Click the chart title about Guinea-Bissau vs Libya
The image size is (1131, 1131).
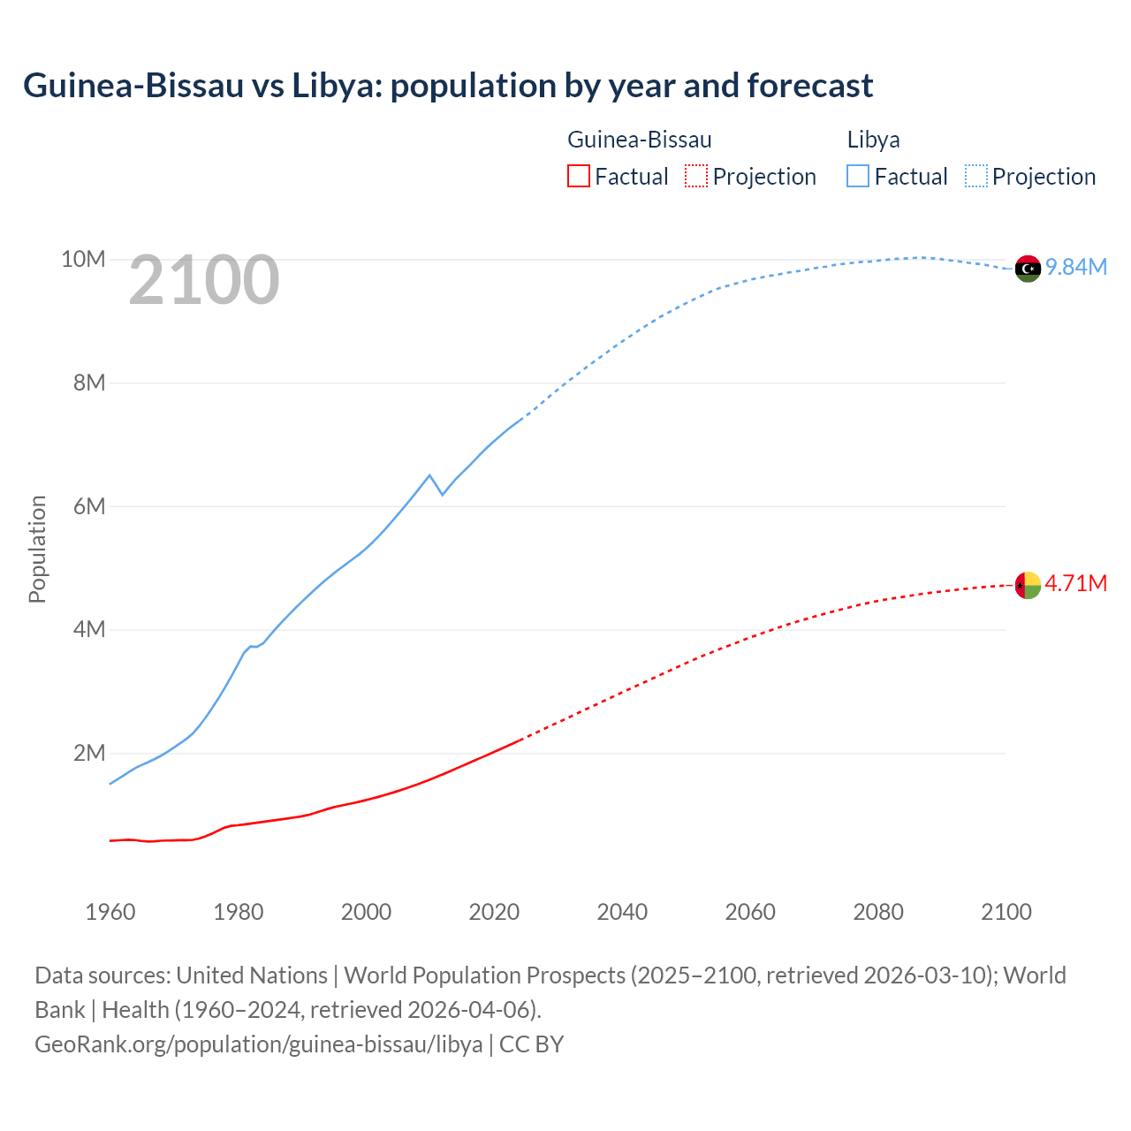click(x=448, y=86)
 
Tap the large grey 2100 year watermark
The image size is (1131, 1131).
click(x=204, y=280)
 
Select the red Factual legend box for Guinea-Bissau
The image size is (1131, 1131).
click(x=579, y=176)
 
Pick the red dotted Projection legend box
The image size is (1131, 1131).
click(x=696, y=176)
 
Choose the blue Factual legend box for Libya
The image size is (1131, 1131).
click(x=858, y=176)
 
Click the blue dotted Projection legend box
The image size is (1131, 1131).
click(x=975, y=176)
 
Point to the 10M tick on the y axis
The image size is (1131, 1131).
click(x=83, y=259)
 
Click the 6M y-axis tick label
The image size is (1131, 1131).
click(x=88, y=506)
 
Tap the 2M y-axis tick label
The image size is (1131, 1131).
click(x=88, y=753)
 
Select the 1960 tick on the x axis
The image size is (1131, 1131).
click(x=110, y=912)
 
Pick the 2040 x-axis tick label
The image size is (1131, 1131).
click(x=622, y=912)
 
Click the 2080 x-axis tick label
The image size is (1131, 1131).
click(x=878, y=912)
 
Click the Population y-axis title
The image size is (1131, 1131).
click(x=37, y=549)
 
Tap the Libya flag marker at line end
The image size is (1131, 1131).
click(x=1028, y=269)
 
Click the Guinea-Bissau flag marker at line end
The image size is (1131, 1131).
click(x=1028, y=585)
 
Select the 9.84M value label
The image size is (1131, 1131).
click(x=1076, y=267)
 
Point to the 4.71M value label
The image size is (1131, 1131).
click(x=1076, y=583)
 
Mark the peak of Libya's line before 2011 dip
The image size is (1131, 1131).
click(x=429, y=475)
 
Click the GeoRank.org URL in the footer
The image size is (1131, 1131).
click(x=259, y=1044)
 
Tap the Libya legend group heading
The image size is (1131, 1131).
click(x=873, y=140)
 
